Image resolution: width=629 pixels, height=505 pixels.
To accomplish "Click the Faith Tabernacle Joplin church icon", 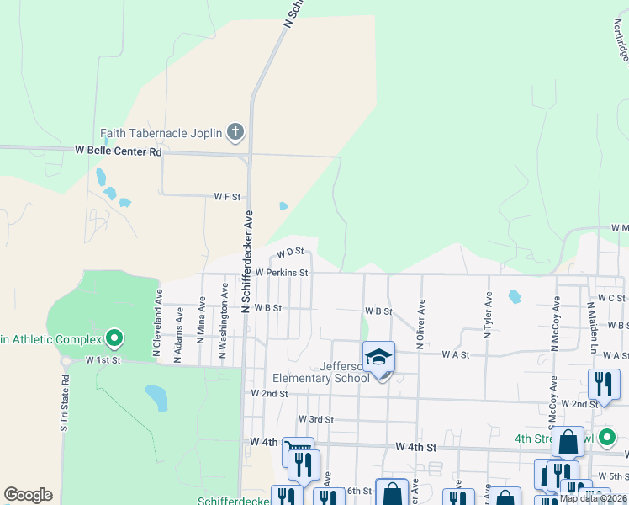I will (235, 132).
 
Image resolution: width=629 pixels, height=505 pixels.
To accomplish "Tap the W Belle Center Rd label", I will (118, 151).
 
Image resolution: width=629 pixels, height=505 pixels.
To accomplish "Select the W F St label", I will (227, 197).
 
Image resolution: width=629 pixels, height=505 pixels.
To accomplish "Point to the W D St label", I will (288, 252).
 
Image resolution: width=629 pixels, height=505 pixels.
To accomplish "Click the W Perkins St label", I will (282, 273).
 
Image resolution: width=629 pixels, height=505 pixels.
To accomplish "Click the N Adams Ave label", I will (178, 334).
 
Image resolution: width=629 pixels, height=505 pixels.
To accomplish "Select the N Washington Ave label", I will (224, 320).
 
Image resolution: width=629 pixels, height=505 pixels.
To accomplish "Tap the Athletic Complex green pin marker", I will (115, 339).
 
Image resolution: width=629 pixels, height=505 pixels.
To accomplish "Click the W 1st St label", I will (103, 359).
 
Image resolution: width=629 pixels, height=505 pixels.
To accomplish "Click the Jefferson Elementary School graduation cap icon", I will (379, 358).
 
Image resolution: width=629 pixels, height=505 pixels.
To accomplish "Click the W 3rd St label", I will (316, 419).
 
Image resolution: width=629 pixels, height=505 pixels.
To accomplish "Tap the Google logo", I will (28, 495).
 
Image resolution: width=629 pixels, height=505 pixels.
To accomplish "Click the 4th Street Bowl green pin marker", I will (610, 438).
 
